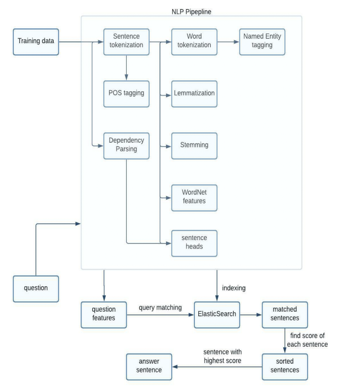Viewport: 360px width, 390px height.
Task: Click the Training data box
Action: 36,42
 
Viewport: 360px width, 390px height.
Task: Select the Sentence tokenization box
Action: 126,42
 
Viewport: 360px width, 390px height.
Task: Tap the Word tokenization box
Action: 194,42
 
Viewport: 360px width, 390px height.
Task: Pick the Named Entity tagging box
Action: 262,42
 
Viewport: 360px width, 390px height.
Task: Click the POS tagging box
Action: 126,94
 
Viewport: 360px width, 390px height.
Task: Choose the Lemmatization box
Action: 194,94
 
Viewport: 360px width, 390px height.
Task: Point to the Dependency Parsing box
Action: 126,146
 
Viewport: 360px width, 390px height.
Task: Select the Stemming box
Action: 194,146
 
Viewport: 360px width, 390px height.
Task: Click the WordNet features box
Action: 194,198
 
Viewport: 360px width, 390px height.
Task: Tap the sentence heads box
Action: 194,243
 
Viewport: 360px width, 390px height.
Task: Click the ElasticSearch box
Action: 217,315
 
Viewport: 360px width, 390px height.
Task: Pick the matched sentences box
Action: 285,315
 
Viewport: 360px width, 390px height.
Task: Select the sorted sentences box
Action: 285,367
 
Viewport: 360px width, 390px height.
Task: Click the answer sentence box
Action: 149,367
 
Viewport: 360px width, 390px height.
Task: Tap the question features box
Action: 104,315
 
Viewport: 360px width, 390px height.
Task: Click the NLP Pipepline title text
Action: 192,12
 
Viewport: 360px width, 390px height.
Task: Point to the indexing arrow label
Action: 234,288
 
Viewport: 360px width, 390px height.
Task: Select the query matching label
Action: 160,308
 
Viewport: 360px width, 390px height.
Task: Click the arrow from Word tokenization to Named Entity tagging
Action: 228,42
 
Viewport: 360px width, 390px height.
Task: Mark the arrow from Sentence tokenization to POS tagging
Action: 126,68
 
